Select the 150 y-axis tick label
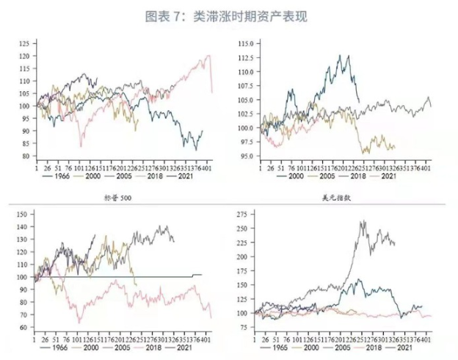(24, 215)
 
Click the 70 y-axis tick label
(26, 314)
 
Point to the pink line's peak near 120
(210, 55)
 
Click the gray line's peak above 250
(363, 221)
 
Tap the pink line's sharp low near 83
(81, 146)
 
